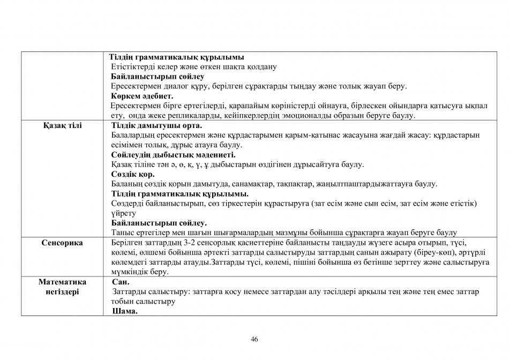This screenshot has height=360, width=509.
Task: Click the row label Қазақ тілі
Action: pos(63,125)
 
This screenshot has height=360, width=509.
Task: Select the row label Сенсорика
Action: pos(63,243)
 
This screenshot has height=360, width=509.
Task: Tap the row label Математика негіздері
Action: pos(63,287)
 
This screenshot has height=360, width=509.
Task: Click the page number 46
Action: pos(254,339)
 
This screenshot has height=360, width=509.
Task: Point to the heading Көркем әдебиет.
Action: pos(139,96)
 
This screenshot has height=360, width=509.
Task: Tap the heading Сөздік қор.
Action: pos(133,174)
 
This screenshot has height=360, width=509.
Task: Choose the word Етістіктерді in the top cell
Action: pos(133,67)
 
